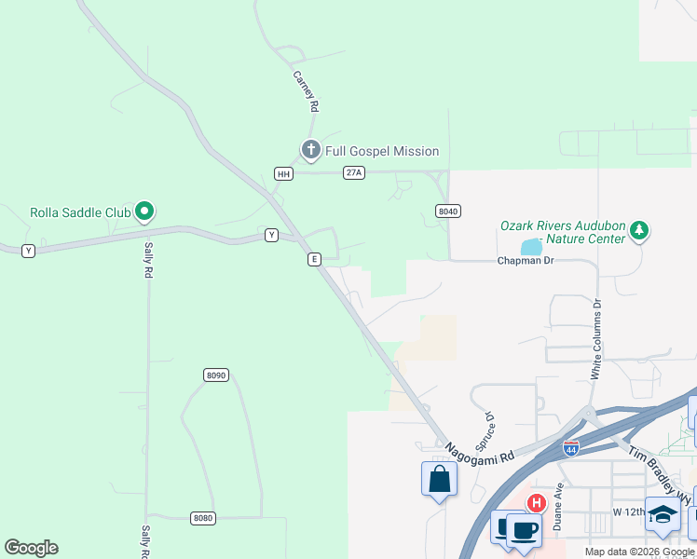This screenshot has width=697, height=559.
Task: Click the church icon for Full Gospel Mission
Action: [310, 149]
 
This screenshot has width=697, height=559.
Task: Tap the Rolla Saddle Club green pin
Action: [143, 212]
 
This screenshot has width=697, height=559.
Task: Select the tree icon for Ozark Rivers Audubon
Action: [638, 229]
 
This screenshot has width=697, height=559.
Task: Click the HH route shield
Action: [284, 173]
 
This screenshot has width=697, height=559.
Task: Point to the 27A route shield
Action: [353, 172]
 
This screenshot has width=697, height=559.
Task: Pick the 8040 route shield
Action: [448, 211]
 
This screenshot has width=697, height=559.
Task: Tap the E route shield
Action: [315, 259]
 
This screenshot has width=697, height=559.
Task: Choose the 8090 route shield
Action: [215, 375]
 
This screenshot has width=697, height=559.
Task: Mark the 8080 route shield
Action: [202, 518]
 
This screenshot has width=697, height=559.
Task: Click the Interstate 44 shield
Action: [571, 447]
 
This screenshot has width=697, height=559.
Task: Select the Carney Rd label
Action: [306, 91]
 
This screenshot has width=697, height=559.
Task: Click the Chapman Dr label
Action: [526, 261]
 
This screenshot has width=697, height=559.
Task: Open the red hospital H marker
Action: [536, 504]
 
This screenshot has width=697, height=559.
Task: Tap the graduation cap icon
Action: [663, 513]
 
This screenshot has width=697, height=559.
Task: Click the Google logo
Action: [32, 548]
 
